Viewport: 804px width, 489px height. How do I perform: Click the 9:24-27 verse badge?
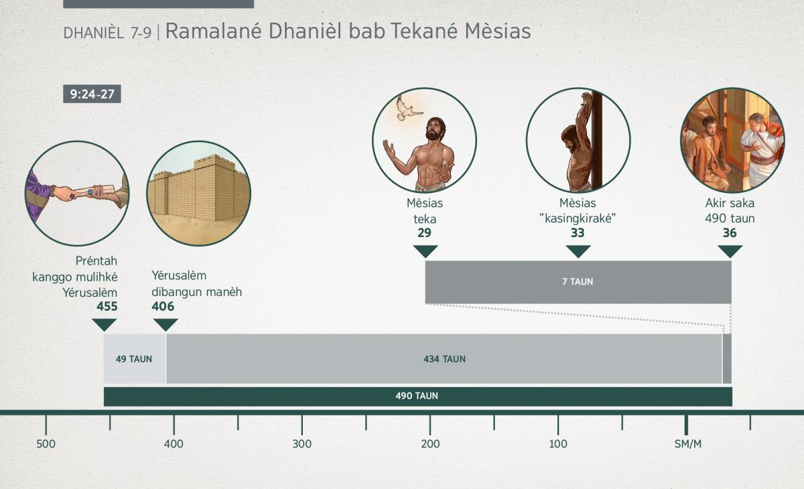[x=92, y=94]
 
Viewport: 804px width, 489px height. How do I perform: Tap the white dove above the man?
[x=407, y=109]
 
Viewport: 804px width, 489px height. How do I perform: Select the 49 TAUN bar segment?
[x=135, y=359]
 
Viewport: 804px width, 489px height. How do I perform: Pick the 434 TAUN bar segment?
[x=444, y=359]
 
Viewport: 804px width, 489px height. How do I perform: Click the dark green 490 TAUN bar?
[x=418, y=397]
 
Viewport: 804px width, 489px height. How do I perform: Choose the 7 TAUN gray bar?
[x=578, y=282]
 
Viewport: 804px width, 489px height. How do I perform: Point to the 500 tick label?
[x=46, y=444]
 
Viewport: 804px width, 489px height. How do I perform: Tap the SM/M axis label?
[x=687, y=444]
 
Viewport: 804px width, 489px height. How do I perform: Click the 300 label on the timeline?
[x=302, y=444]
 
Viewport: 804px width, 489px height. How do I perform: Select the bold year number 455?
[x=107, y=306]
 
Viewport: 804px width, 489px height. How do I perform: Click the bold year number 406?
[x=163, y=306]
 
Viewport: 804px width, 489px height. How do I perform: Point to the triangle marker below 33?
[x=578, y=251]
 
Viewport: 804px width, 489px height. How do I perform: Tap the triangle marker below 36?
[x=730, y=251]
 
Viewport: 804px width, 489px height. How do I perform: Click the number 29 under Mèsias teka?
[x=424, y=233]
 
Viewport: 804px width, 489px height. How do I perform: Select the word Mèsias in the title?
[x=497, y=31]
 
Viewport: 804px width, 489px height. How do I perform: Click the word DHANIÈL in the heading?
[x=94, y=33]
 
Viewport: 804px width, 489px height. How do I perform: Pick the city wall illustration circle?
[x=198, y=194]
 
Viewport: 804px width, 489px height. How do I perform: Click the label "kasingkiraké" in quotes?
[x=578, y=218]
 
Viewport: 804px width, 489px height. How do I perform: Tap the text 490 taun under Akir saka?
[x=730, y=218]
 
